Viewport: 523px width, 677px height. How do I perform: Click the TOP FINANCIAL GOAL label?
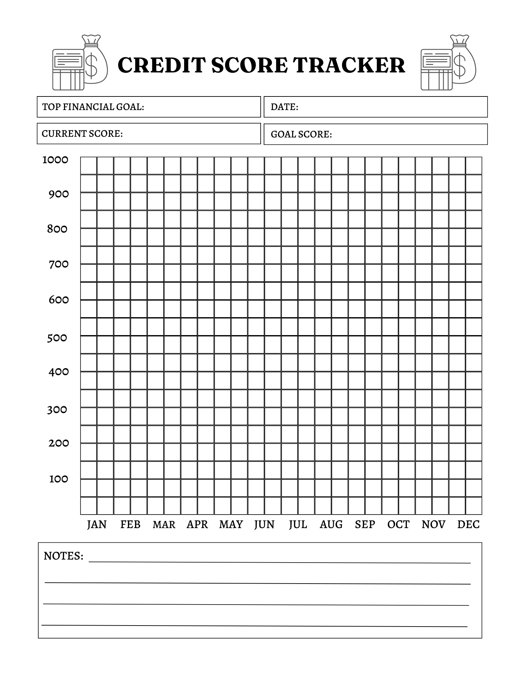pos(93,107)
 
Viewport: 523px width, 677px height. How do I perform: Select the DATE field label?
pos(284,107)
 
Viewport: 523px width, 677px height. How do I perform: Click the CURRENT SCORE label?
pos(82,134)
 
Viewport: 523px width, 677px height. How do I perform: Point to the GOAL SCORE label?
pos(301,134)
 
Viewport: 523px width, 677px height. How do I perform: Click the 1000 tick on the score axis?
pos(55,160)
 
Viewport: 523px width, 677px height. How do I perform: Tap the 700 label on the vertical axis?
pos(59,264)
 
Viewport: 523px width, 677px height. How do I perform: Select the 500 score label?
pos(57,338)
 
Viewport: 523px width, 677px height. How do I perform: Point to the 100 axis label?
pos(59,479)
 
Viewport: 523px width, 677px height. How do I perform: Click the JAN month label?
pos(97,525)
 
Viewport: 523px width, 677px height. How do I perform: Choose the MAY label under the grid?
pos(231,525)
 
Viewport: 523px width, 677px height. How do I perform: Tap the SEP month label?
pos(365,525)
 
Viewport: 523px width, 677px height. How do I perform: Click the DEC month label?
pos(468,525)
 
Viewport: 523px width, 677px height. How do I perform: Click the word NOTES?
pos(63,556)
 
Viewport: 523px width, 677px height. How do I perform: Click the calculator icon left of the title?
pos(68,70)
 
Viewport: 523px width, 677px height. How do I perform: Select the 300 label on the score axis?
pos(57,410)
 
